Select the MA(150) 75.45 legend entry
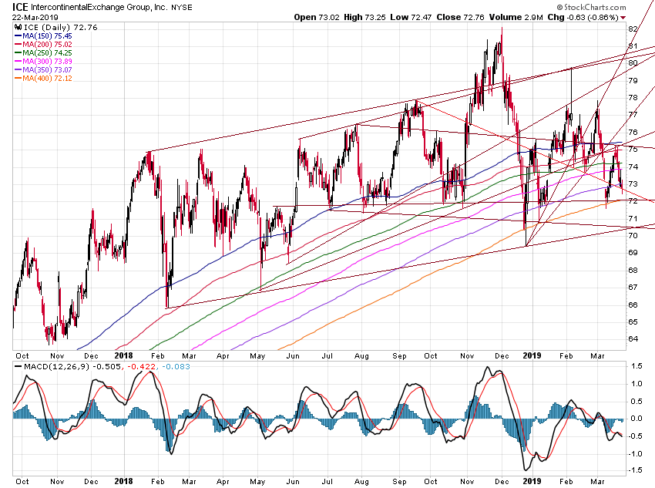47,35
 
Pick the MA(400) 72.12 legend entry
47,78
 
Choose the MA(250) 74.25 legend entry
47,52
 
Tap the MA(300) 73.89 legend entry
47,61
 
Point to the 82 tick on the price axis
633,29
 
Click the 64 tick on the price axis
633,338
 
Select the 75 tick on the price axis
633,149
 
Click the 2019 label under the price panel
532,355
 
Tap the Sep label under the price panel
398,355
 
